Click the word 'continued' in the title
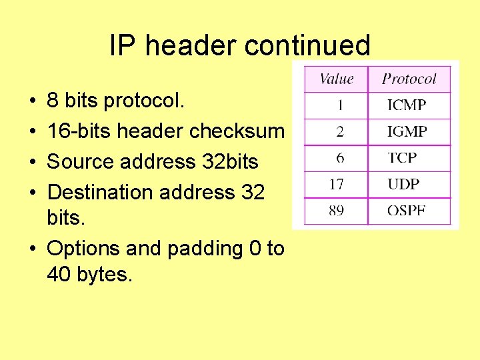point(307,45)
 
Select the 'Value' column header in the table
point(336,79)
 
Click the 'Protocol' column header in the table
point(409,79)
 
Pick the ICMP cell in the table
point(406,105)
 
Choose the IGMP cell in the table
point(407,131)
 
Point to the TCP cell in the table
point(402,158)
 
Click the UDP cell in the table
point(403,185)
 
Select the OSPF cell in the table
point(406,211)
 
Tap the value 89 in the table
point(336,211)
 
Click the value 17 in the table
point(336,185)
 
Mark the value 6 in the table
point(340,158)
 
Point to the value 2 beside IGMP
point(340,131)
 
